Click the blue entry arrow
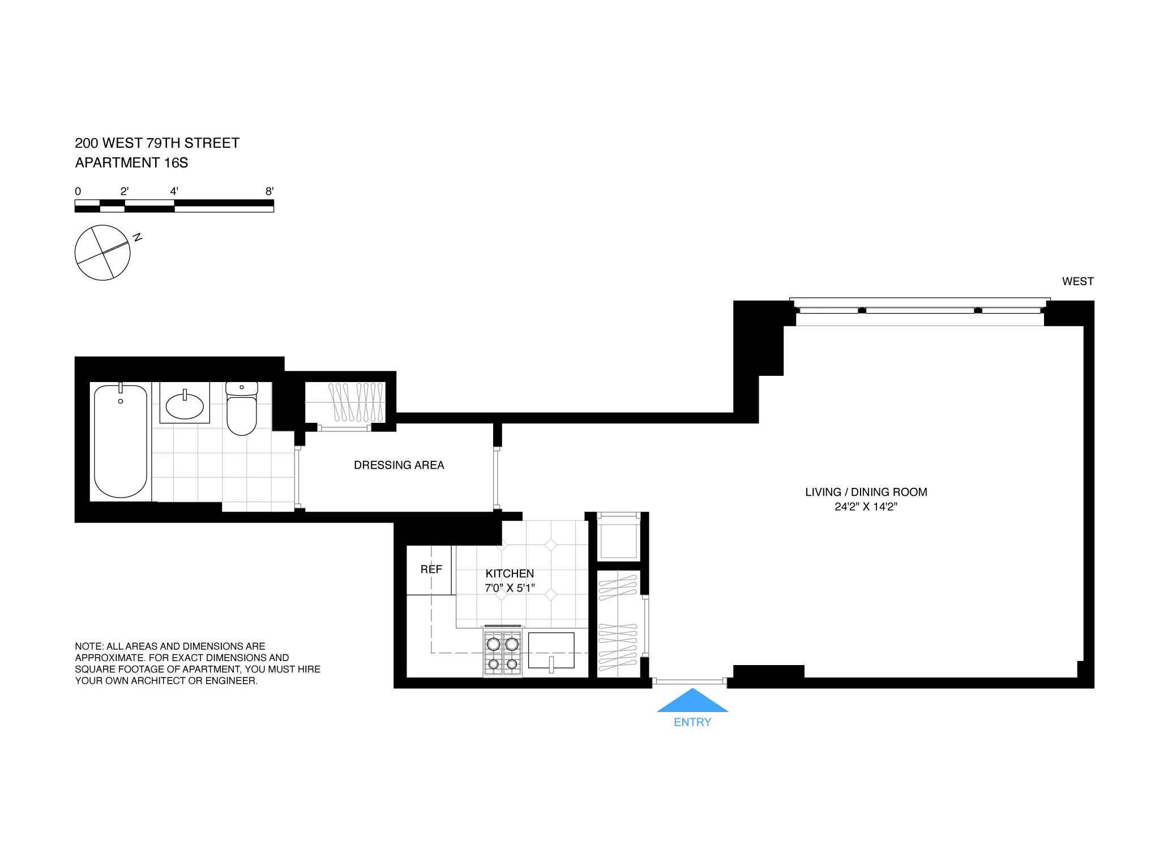click(x=692, y=701)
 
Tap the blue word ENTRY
click(x=692, y=722)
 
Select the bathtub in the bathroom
click(x=121, y=441)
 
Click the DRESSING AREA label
click(x=399, y=465)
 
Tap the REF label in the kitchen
click(x=431, y=569)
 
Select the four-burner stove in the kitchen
click(x=502, y=653)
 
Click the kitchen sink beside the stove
click(x=551, y=651)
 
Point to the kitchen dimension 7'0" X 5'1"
click(x=510, y=588)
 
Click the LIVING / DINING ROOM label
click(x=866, y=492)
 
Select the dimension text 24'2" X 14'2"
click(x=866, y=507)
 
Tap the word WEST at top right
click(x=1077, y=281)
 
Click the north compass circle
click(x=102, y=252)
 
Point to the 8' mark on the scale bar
click(x=269, y=191)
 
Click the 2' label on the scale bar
click(x=125, y=191)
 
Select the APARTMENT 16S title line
click(x=131, y=163)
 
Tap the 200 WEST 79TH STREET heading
click(x=157, y=143)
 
